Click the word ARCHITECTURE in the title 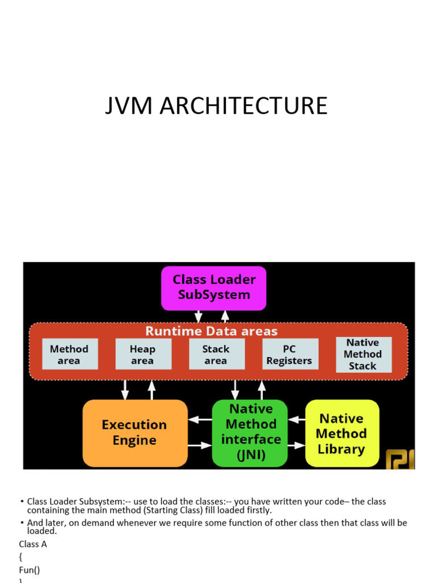(x=244, y=105)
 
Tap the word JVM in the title (x=129, y=105)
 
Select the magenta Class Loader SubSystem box (x=214, y=288)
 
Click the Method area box (x=70, y=354)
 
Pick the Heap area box (x=143, y=354)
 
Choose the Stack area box (x=217, y=354)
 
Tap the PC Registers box (x=290, y=354)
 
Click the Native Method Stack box (x=364, y=355)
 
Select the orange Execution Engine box (x=135, y=433)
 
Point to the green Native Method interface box (x=250, y=433)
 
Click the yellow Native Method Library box (x=342, y=433)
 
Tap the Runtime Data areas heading (x=212, y=331)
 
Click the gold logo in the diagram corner (x=400, y=459)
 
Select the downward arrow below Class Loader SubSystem (x=199, y=317)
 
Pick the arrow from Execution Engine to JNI (x=200, y=445)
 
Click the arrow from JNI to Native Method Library (x=296, y=445)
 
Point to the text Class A (x=33, y=544)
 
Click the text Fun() (x=30, y=570)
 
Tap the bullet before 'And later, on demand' (x=22, y=523)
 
